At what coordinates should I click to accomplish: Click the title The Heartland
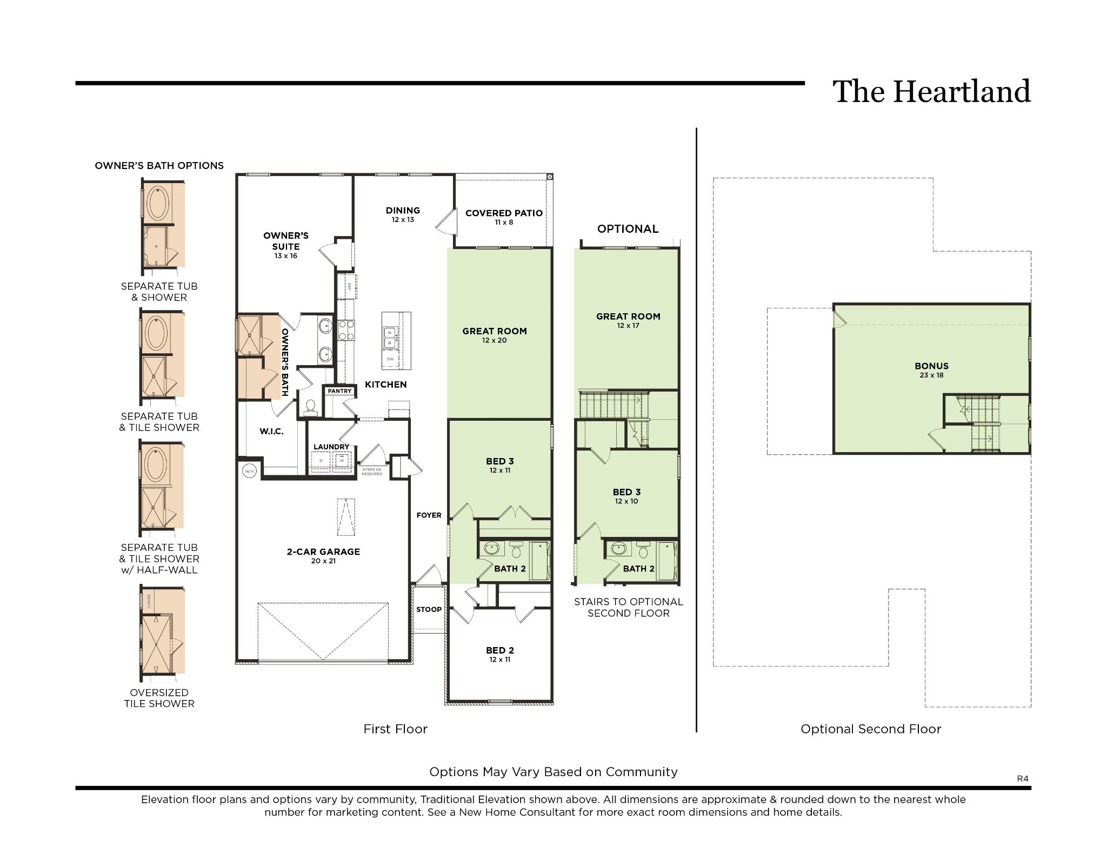coord(931,91)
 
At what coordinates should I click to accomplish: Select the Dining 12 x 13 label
coord(403,214)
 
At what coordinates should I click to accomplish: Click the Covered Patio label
coord(504,217)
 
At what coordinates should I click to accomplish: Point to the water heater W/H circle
coord(249,471)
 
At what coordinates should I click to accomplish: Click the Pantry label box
coord(339,391)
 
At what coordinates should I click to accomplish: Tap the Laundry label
coord(331,447)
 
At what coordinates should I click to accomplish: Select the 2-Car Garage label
coord(323,555)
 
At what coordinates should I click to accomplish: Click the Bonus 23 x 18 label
coord(931,369)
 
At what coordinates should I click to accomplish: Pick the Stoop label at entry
coord(429,609)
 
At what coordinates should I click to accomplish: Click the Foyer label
coord(429,515)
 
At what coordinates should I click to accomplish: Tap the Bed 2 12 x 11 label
coord(499,654)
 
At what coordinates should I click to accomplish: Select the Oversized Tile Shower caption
coord(159,698)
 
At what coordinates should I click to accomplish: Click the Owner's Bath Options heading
coord(159,166)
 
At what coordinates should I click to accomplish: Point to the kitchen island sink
coord(390,337)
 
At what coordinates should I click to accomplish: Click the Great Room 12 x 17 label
coord(628,320)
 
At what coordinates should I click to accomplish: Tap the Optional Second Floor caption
coord(870,729)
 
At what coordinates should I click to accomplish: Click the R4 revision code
coord(1023,778)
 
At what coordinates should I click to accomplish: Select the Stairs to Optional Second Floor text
coord(628,607)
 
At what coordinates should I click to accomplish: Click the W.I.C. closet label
coord(271,431)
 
